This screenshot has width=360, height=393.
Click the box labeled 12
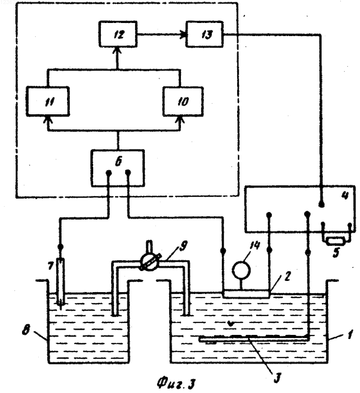point(118,34)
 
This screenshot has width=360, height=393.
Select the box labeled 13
point(204,34)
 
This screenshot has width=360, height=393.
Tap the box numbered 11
point(48,101)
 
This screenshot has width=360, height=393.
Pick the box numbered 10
point(183,101)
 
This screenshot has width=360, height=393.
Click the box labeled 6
point(118,168)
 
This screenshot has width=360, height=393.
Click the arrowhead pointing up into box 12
point(117,50)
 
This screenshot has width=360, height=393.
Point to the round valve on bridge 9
point(149,264)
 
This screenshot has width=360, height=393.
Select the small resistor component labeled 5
point(336,241)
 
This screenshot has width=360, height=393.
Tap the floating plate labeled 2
point(246,294)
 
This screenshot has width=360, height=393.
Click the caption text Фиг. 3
point(176,383)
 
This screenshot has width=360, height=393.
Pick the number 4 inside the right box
point(345,195)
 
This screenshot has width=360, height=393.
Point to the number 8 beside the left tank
point(26,330)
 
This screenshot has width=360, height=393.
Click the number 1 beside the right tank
point(350,334)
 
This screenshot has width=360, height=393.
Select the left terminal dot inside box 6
point(108,172)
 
